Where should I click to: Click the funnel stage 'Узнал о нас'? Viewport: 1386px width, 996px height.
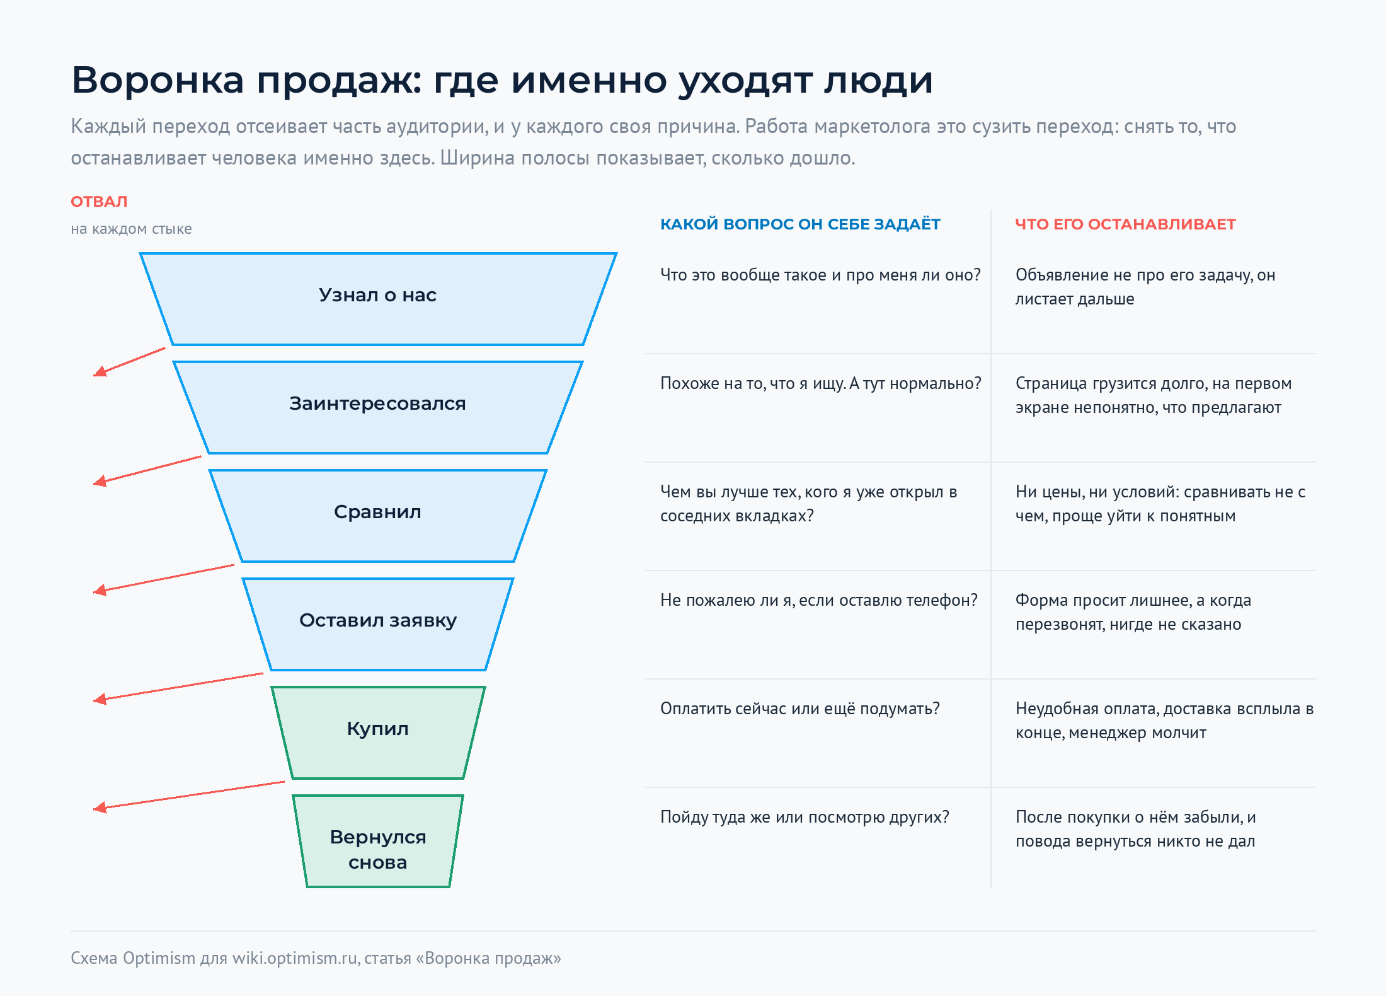(x=378, y=299)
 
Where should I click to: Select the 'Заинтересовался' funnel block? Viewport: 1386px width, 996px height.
(x=378, y=407)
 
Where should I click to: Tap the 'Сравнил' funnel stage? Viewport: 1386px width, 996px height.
(x=378, y=516)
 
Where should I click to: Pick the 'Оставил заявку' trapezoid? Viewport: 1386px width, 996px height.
(x=378, y=624)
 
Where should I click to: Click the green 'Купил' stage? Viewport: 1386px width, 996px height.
(x=378, y=733)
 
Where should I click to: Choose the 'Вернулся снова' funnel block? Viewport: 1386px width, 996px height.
(x=378, y=841)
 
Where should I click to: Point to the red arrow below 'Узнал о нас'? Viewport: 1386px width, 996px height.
(x=129, y=362)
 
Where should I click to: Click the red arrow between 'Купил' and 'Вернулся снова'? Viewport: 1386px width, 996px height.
(x=189, y=796)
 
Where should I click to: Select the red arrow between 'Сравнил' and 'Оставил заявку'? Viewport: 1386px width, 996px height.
(x=164, y=579)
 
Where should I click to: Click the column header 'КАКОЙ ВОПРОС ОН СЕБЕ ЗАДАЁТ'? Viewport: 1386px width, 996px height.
(x=800, y=224)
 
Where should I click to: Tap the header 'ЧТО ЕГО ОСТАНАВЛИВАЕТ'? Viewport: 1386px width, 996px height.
(x=1125, y=224)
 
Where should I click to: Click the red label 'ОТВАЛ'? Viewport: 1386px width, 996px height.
(x=99, y=202)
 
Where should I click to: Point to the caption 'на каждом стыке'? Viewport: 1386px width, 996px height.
(x=131, y=229)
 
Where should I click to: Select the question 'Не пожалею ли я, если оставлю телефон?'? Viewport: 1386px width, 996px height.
(x=819, y=600)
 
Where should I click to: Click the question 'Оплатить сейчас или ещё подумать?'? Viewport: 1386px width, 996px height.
(x=800, y=709)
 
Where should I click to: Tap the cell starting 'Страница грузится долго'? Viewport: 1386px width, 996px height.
(x=1154, y=395)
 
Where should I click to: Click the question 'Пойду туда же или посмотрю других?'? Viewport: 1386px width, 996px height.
(x=805, y=817)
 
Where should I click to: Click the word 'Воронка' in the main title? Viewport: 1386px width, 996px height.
(x=157, y=80)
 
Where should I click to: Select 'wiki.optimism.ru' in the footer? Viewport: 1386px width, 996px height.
(x=295, y=958)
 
